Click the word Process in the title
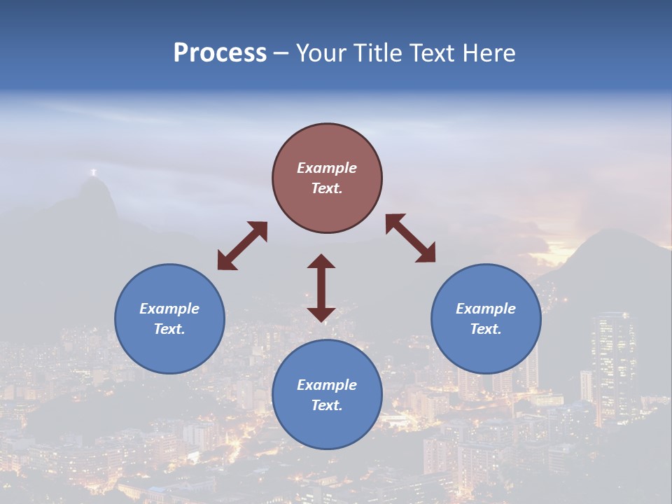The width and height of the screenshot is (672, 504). (x=220, y=53)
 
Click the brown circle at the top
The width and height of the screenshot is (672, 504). (x=327, y=178)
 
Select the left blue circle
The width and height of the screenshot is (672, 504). (x=169, y=318)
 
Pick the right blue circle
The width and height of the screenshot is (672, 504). (x=486, y=318)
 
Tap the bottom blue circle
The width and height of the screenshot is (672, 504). (x=327, y=394)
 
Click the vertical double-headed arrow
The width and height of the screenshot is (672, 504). (x=321, y=288)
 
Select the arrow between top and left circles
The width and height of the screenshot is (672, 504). (x=242, y=246)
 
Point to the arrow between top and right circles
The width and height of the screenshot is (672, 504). (x=411, y=238)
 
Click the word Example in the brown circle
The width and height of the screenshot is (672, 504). (x=327, y=168)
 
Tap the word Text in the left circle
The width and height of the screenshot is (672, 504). (x=169, y=329)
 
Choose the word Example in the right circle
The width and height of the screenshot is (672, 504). (x=486, y=309)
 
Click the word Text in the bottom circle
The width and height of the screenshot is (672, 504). (x=327, y=405)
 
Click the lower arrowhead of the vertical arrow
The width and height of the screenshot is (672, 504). (x=321, y=314)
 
